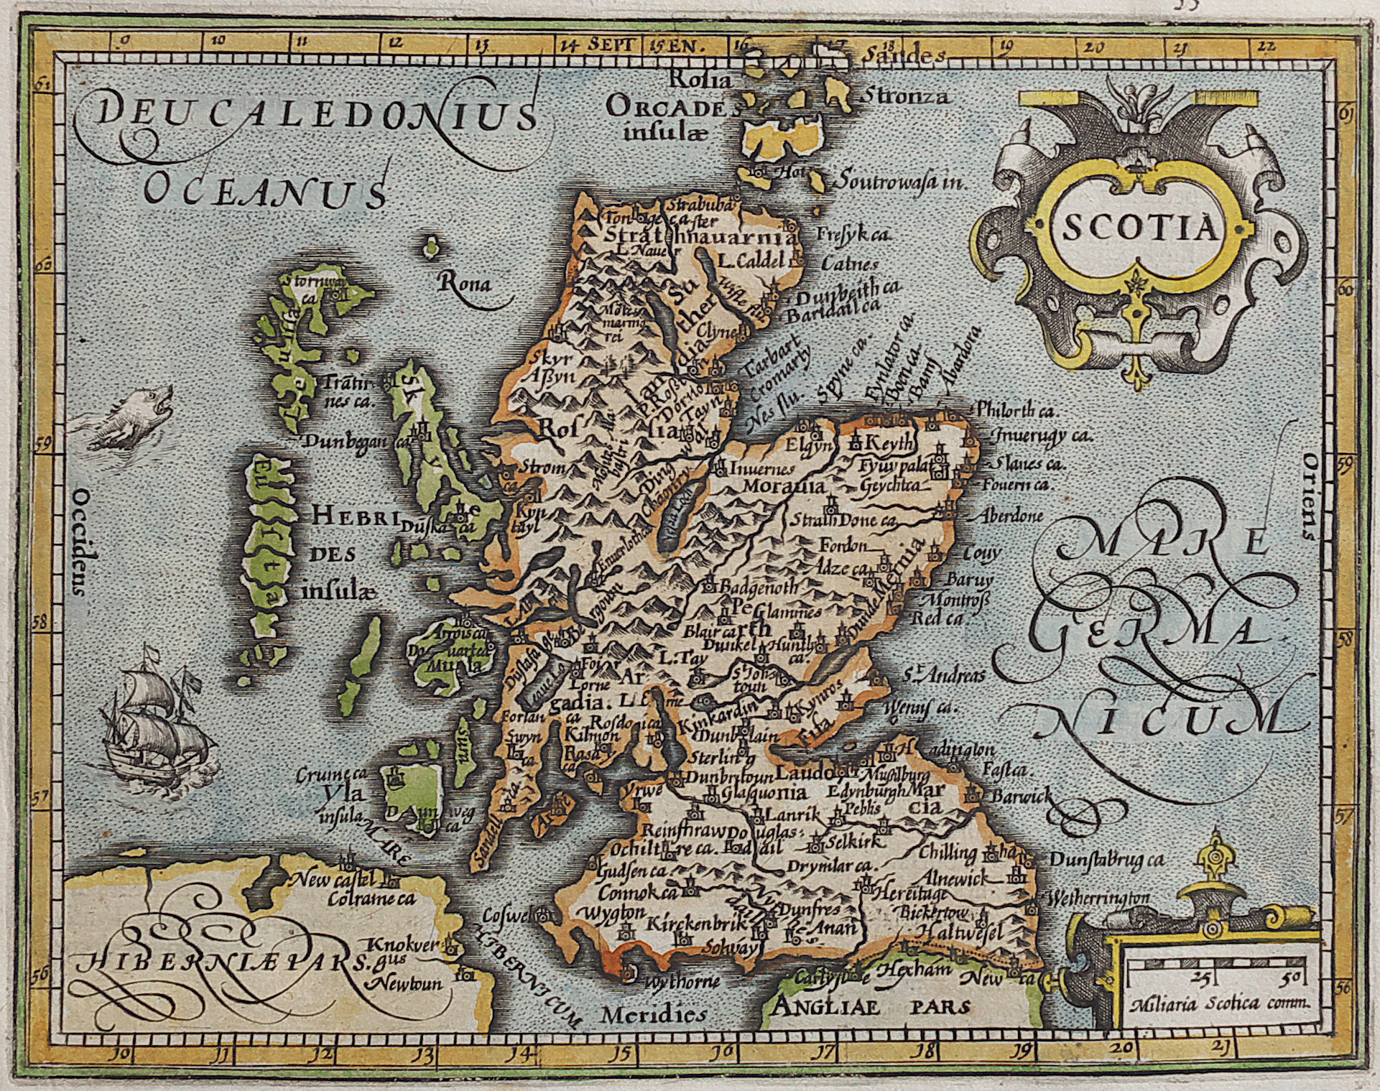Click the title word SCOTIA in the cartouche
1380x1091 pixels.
[x=1139, y=229]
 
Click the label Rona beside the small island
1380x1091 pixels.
[x=465, y=283]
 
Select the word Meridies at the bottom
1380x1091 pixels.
[x=654, y=1015]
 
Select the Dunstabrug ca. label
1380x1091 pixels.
[x=1106, y=859]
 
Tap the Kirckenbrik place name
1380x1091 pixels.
[x=694, y=924]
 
